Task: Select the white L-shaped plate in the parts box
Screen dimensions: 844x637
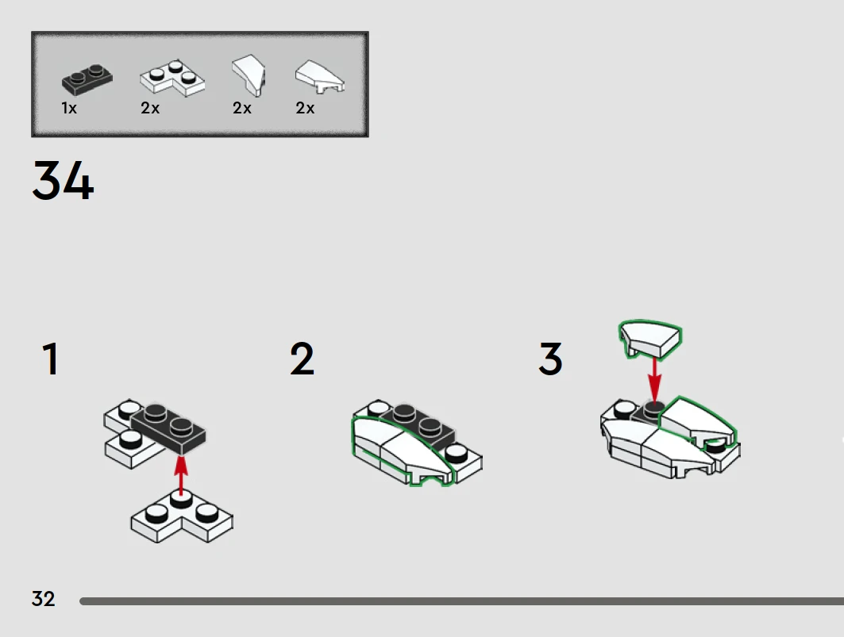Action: click(x=172, y=79)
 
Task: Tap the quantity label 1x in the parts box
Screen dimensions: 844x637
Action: click(x=69, y=108)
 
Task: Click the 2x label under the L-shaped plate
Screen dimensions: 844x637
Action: click(x=150, y=108)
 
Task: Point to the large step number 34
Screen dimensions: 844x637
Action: click(x=63, y=181)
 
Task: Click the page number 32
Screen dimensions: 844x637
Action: click(x=43, y=599)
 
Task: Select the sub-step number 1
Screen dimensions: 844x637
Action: click(x=50, y=359)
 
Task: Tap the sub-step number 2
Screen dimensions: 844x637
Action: click(x=302, y=359)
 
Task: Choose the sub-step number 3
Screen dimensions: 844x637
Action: click(x=550, y=359)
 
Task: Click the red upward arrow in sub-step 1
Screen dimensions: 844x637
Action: click(x=181, y=474)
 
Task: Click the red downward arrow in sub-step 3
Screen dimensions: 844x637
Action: click(x=654, y=378)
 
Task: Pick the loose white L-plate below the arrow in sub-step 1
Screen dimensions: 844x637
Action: click(x=182, y=516)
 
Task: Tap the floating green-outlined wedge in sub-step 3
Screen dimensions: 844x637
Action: click(x=651, y=340)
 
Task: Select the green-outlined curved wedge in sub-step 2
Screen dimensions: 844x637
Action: click(x=403, y=451)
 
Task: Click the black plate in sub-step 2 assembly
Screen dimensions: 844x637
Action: click(x=420, y=422)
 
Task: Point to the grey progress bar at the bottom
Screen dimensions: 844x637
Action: click(x=462, y=601)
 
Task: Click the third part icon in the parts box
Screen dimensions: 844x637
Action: click(x=249, y=75)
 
